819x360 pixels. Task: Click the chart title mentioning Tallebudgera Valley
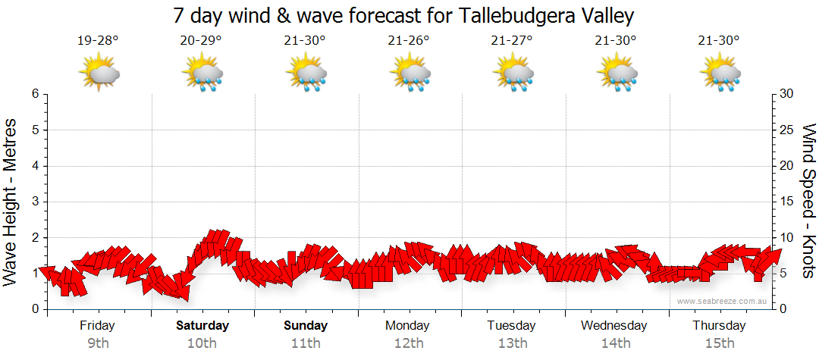pos(403,16)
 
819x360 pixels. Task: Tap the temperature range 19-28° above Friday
pos(98,40)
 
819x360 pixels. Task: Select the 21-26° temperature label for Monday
pos(409,40)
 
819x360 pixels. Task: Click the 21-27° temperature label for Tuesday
pos(512,40)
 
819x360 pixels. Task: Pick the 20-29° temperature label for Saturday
pos(201,40)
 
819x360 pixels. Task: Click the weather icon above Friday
pos(99,73)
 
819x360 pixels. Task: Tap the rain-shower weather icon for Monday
pos(410,73)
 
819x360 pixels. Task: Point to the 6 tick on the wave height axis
pos(34,94)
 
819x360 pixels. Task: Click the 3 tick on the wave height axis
pos(34,202)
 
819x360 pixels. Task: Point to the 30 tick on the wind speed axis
pos(786,94)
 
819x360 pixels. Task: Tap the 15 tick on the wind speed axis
pos(786,202)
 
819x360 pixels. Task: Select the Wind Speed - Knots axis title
pos(808,200)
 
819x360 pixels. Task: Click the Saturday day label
pos(202,326)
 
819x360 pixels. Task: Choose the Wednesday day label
pos(614,326)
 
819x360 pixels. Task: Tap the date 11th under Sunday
pos(306,343)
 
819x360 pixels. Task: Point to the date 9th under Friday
pos(97,343)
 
